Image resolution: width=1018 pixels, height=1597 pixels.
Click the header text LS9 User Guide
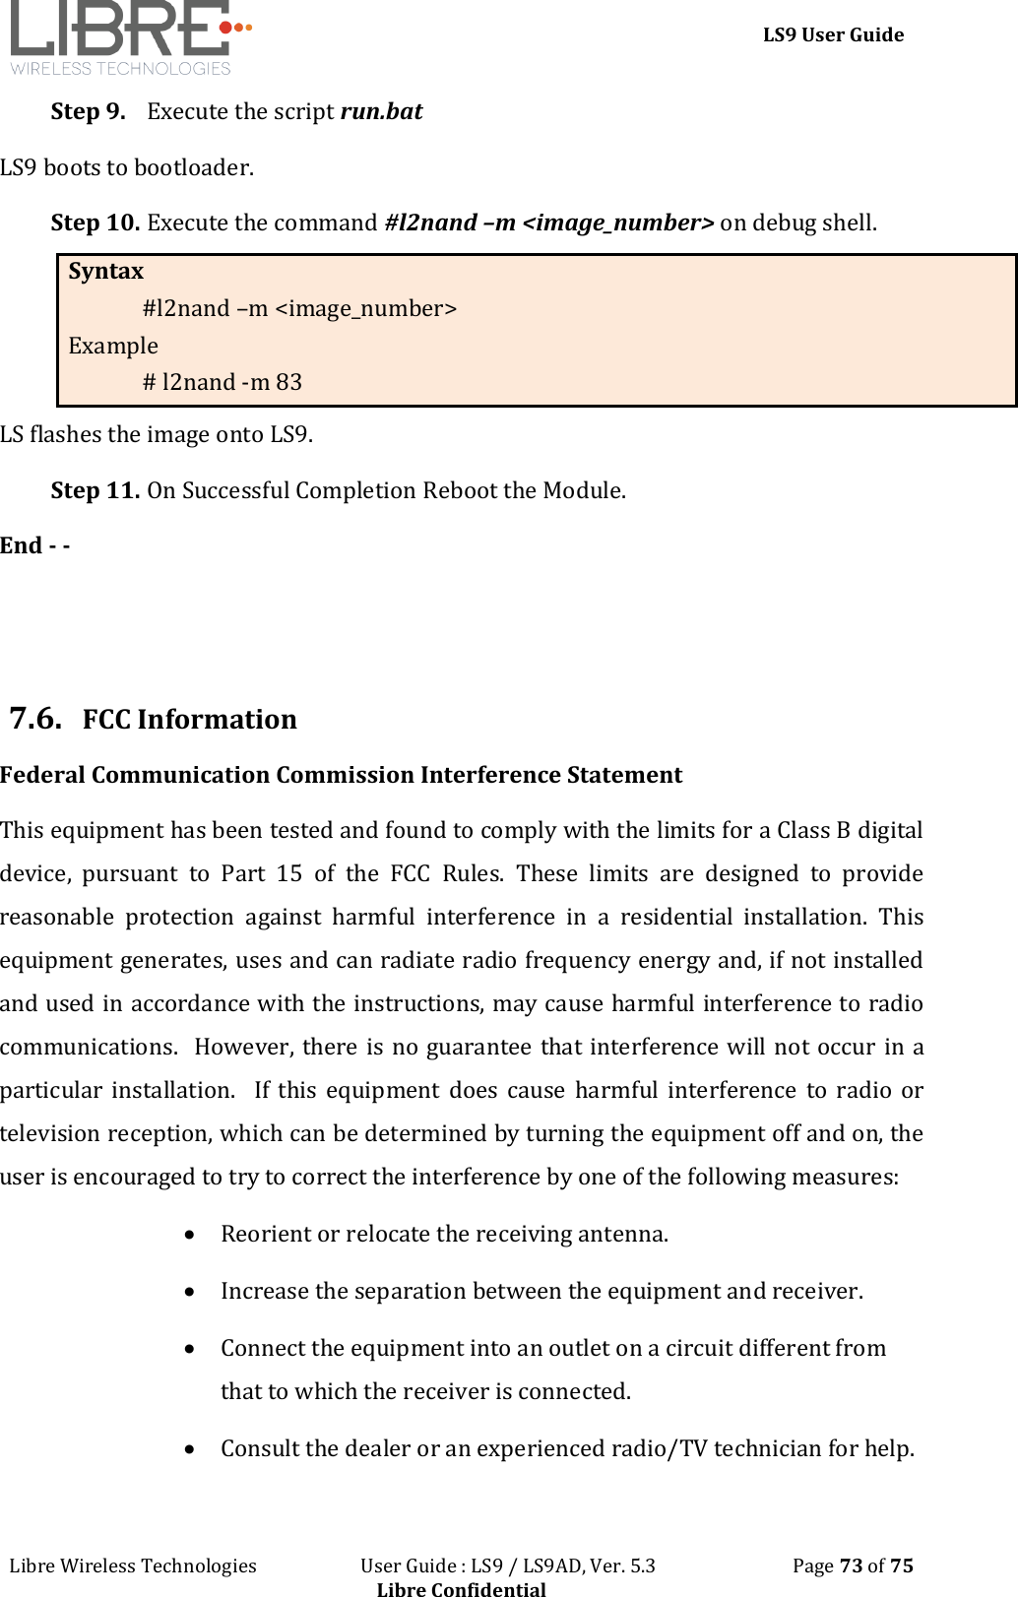point(833,35)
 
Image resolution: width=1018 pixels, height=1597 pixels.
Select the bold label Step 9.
point(88,111)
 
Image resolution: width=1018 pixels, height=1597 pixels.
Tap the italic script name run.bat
point(381,111)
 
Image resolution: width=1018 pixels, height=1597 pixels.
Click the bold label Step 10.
point(95,223)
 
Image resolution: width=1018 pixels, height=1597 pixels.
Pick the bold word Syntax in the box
point(105,271)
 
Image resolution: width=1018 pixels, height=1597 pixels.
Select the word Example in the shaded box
point(113,346)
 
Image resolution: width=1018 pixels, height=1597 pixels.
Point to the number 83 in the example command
point(288,382)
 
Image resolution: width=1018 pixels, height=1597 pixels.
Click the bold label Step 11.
point(95,490)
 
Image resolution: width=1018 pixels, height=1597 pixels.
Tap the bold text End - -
point(34,545)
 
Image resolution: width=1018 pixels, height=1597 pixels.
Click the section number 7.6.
point(35,718)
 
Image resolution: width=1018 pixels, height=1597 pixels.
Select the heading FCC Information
point(189,720)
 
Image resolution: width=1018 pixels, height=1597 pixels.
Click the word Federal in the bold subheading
point(42,775)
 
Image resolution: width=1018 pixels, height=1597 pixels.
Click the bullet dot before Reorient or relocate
point(188,1235)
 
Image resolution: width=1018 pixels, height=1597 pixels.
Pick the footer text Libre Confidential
point(461,1588)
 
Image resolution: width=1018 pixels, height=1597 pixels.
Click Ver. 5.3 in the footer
point(621,1565)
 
